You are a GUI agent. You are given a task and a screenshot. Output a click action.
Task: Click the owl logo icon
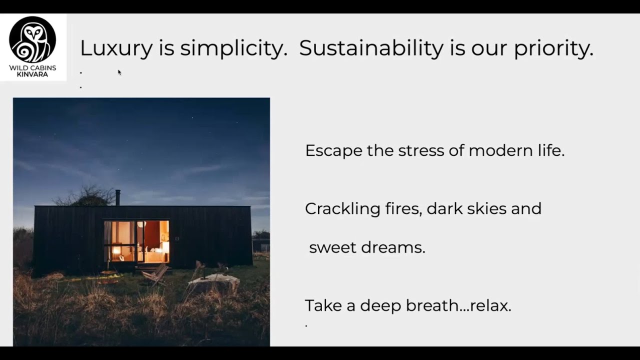(33, 39)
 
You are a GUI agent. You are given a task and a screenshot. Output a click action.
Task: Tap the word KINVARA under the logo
(32, 74)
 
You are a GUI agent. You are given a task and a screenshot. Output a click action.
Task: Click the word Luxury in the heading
(115, 48)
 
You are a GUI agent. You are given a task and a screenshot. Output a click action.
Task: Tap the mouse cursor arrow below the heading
(119, 72)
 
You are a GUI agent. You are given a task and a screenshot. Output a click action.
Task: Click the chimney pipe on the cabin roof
(118, 197)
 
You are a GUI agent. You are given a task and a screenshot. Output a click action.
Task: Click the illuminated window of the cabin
(136, 241)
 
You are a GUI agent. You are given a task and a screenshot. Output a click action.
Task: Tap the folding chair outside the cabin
(155, 274)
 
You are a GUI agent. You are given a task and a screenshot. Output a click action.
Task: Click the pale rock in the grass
(213, 282)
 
